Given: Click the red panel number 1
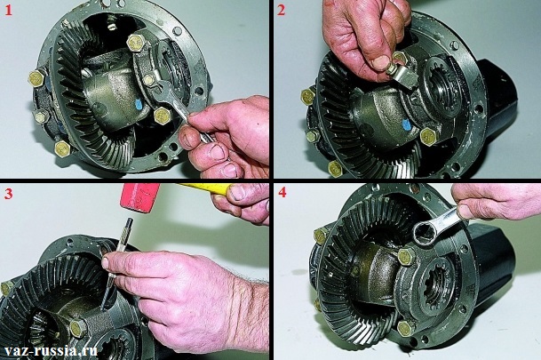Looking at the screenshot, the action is (x=8, y=11).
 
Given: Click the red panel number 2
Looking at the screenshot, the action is (x=282, y=11).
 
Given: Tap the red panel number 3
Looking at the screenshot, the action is (x=8, y=194).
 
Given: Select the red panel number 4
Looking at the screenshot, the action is (x=282, y=193).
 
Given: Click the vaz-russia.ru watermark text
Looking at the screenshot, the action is (x=49, y=351).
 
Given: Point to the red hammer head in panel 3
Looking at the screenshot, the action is (x=140, y=197).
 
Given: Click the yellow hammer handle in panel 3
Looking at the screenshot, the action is (x=203, y=188).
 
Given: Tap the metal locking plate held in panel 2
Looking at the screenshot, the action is (x=404, y=77).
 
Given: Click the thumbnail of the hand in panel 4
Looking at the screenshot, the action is (x=465, y=212).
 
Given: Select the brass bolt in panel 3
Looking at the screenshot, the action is (x=78, y=328).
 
